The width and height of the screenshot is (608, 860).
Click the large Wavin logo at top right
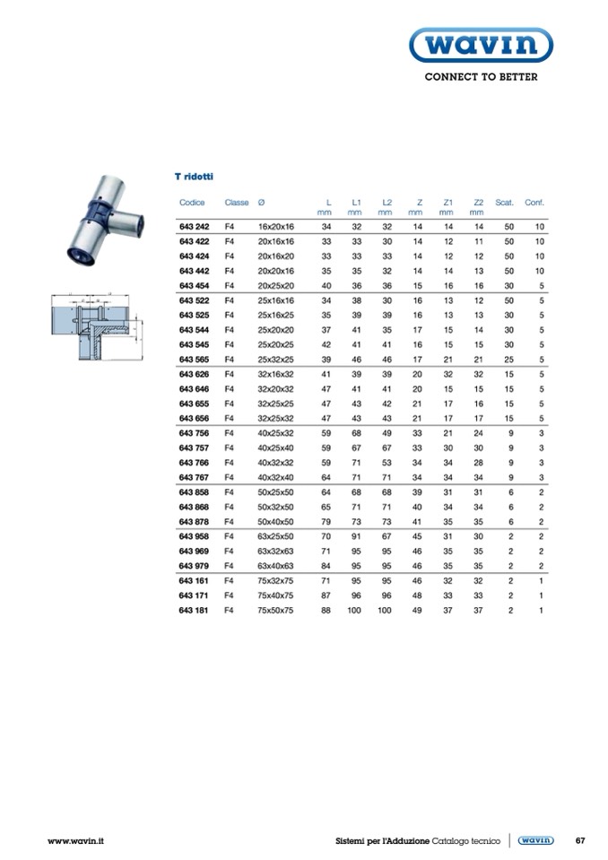tap(481, 45)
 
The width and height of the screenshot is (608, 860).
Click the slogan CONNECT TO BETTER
tap(481, 77)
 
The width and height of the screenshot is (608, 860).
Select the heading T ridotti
tap(194, 177)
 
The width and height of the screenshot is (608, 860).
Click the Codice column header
tap(192, 203)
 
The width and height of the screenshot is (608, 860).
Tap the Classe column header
tap(236, 203)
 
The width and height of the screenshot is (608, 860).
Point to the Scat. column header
tap(504, 203)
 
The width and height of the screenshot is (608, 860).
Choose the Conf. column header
tap(534, 203)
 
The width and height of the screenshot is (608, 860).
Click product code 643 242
tap(194, 227)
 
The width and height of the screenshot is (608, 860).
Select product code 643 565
tap(194, 360)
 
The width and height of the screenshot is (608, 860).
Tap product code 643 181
tap(194, 610)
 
